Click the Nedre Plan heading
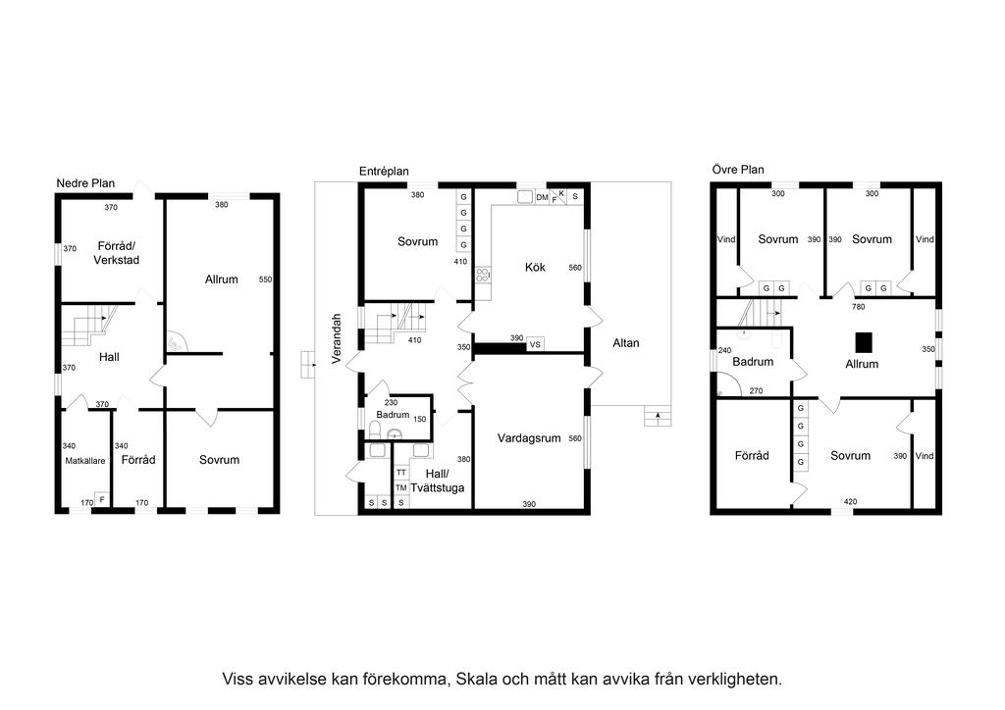coord(85,183)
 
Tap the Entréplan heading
coord(384,172)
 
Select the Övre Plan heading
coord(738,170)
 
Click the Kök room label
coord(535,267)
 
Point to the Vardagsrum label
coord(529,438)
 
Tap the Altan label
coord(625,343)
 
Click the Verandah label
coord(337,338)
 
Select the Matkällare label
coord(85,461)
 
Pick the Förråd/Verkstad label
coord(116,253)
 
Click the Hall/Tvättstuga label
coord(438,481)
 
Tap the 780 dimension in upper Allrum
coord(858,307)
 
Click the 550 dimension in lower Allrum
coord(265,279)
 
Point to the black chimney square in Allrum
coord(865,342)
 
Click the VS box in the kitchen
coord(535,344)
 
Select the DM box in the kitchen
coord(542,197)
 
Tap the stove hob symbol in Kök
coord(483,276)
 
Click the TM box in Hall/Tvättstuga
coord(401,487)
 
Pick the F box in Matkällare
coord(102,499)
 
